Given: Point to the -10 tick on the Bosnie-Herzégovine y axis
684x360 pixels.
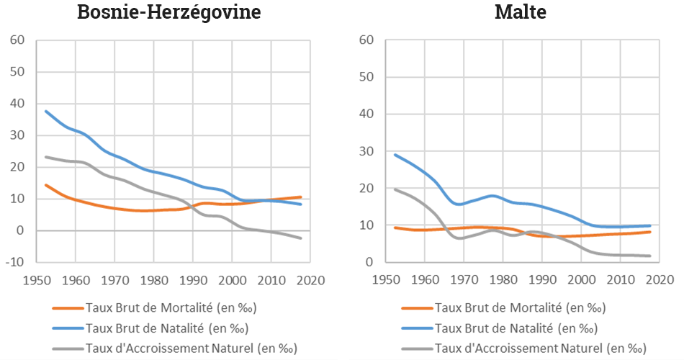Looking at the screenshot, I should [16, 262].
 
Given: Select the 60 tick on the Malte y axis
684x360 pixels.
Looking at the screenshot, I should [366, 40].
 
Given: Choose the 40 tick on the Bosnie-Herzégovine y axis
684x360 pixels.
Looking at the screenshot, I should [17, 104].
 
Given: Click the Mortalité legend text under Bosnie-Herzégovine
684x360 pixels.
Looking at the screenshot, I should [171, 308].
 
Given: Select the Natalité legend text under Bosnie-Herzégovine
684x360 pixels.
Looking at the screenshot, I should [166, 328].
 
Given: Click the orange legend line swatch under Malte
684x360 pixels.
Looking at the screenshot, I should [418, 308].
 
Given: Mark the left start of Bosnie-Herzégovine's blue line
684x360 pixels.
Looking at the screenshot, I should [46, 111].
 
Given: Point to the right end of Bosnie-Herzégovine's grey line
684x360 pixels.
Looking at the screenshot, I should [301, 238].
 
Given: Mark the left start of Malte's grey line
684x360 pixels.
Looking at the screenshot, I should [395, 189].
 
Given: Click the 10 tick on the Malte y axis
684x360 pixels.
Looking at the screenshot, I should [366, 225].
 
